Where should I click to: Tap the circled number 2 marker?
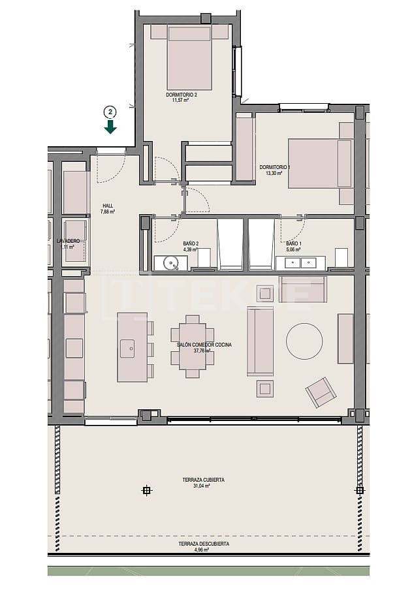click(110, 111)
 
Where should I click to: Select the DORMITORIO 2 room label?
click(181, 95)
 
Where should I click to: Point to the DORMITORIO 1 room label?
click(274, 167)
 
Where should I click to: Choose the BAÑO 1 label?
click(293, 243)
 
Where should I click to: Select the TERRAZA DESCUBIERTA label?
click(204, 544)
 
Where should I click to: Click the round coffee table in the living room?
click(304, 341)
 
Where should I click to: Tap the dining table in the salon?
click(191, 346)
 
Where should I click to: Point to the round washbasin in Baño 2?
click(172, 264)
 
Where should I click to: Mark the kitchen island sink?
click(127, 346)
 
